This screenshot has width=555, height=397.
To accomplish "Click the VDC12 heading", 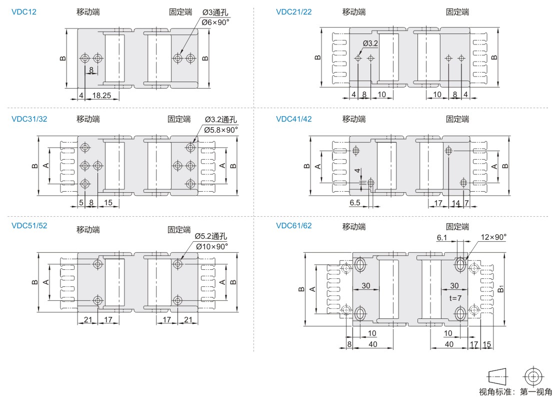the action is pyautogui.click(x=23, y=12).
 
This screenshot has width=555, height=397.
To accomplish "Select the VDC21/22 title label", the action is pyautogui.click(x=294, y=12).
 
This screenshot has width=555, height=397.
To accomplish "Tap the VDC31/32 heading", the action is pyautogui.click(x=29, y=119).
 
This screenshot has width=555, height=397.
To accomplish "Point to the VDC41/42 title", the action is pyautogui.click(x=294, y=119).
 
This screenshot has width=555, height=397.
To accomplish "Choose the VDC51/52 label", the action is pyautogui.click(x=29, y=225).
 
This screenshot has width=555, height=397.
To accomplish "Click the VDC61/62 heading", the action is pyautogui.click(x=294, y=225).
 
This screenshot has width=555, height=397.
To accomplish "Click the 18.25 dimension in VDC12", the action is pyautogui.click(x=101, y=95).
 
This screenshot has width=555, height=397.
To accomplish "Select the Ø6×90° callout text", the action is pyautogui.click(x=215, y=22).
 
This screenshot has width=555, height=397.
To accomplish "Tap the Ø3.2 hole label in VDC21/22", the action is pyautogui.click(x=370, y=44).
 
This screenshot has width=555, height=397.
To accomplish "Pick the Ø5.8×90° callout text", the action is pyautogui.click(x=221, y=130).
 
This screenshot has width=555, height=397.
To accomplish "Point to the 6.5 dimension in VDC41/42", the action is pyautogui.click(x=354, y=202).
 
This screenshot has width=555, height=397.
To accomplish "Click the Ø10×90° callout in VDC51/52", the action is pyautogui.click(x=211, y=246).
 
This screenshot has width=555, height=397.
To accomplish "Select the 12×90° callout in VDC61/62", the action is pyautogui.click(x=493, y=237).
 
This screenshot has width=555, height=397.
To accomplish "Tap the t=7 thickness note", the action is pyautogui.click(x=455, y=298).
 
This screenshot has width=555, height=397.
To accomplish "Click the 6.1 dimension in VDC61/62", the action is pyautogui.click(x=441, y=237).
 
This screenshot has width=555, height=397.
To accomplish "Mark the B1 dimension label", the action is pyautogui.click(x=501, y=288).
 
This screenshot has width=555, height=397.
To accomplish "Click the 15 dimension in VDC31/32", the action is pyautogui.click(x=108, y=202).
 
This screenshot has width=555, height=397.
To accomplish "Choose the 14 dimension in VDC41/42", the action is pyautogui.click(x=456, y=203).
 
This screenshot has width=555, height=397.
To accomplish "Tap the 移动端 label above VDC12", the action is pyautogui.click(x=88, y=12).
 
